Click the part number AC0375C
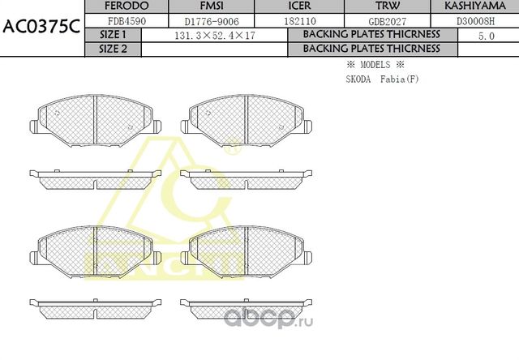click(x=41, y=27)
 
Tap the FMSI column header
click(x=210, y=7)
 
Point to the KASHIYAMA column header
click(x=476, y=7)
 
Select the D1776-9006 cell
click(x=210, y=21)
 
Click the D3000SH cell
click(x=476, y=21)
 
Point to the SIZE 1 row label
click(x=113, y=35)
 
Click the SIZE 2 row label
click(x=113, y=49)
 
